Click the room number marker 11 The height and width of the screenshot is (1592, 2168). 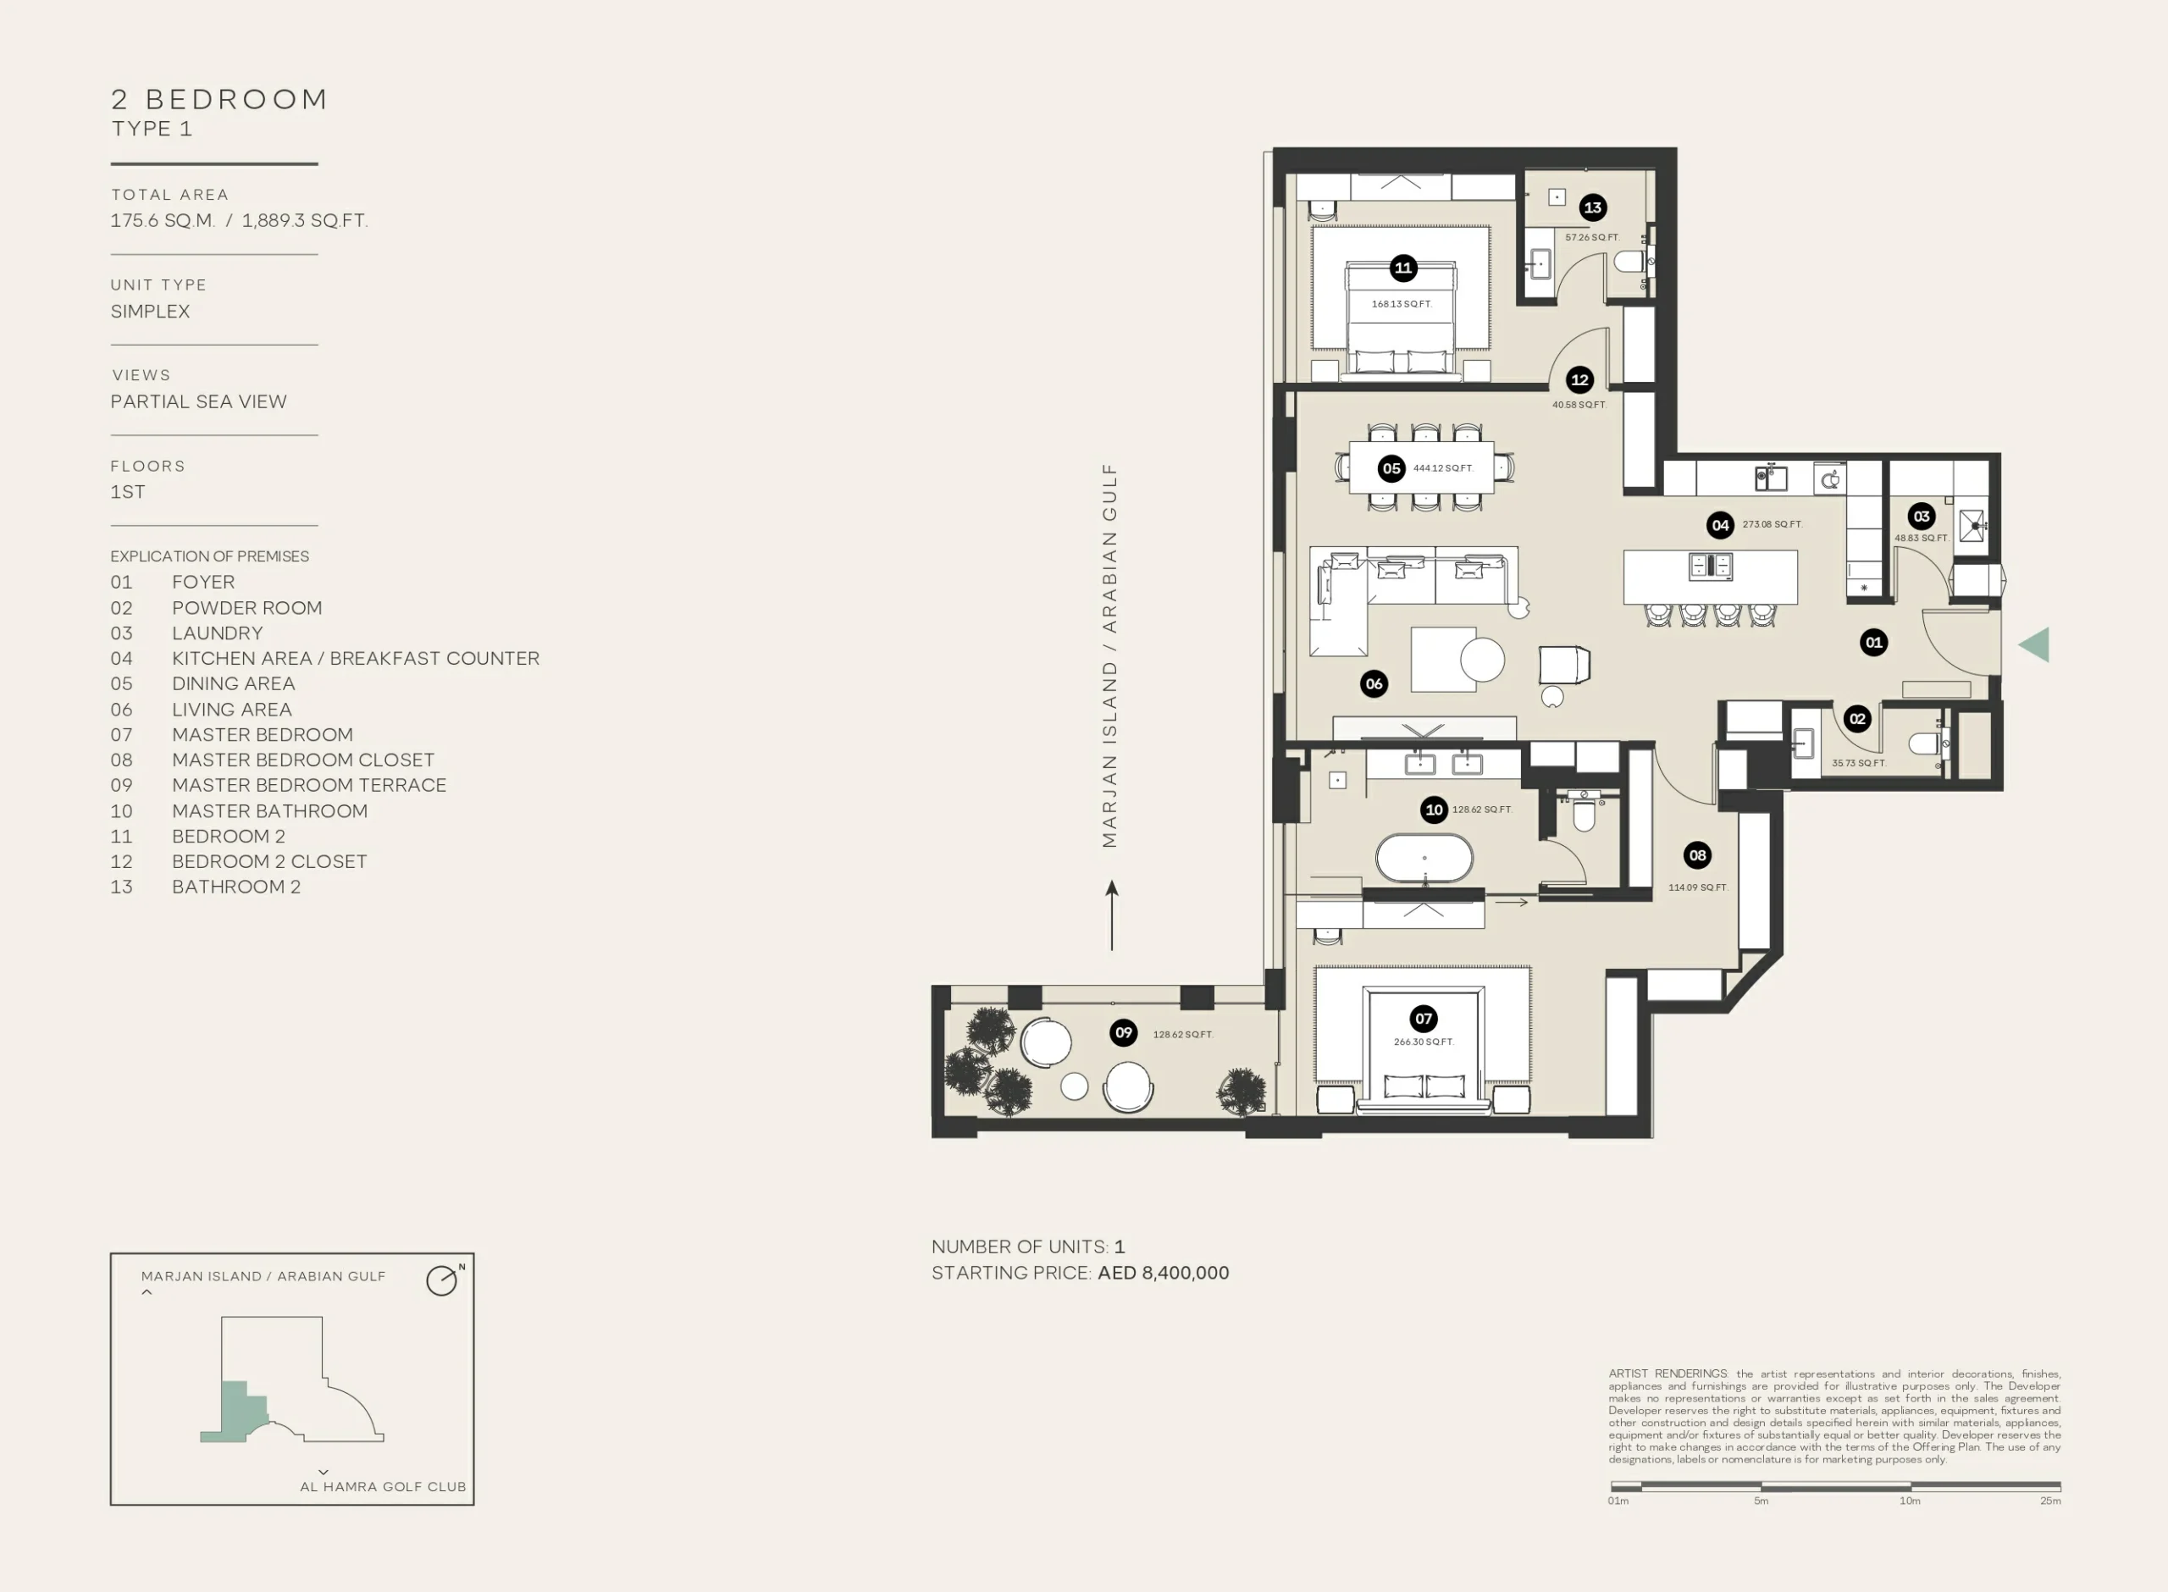pyautogui.click(x=1403, y=268)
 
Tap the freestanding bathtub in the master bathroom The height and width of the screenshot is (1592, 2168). pyautogui.click(x=1424, y=858)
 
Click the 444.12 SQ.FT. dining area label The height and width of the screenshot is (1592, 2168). pyautogui.click(x=1442, y=468)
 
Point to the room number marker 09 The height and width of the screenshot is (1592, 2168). pyautogui.click(x=1124, y=1033)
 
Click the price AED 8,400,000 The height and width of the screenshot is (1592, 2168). pyautogui.click(x=1163, y=1273)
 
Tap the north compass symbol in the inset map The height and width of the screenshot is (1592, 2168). pyautogui.click(x=443, y=1280)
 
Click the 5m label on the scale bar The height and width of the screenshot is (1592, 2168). pyautogui.click(x=1761, y=1501)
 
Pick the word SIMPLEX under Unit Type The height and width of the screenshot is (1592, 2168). pyautogui.click(x=150, y=312)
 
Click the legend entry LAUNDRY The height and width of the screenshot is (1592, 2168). pyautogui.click(x=217, y=633)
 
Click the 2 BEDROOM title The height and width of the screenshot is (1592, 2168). pyautogui.click(x=219, y=99)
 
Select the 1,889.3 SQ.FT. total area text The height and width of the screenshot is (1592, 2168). pyautogui.click(x=305, y=221)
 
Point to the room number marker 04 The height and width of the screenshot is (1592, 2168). pyautogui.click(x=1720, y=525)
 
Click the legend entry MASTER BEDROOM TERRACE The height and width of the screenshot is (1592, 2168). pyautogui.click(x=309, y=785)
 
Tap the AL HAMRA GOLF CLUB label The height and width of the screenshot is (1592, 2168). pyautogui.click(x=383, y=1487)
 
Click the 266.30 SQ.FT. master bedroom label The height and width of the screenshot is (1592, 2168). pyautogui.click(x=1423, y=1042)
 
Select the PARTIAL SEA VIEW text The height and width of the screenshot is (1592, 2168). pyautogui.click(x=198, y=402)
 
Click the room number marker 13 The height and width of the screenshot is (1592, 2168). pyautogui.click(x=1593, y=207)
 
